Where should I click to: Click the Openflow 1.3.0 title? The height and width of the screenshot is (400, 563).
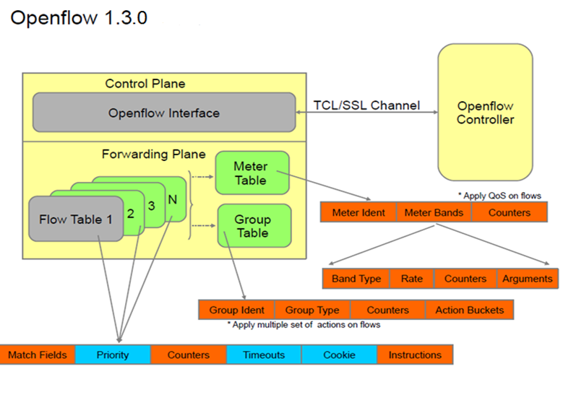[79, 18]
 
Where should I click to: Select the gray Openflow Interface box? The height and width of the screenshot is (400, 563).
[164, 113]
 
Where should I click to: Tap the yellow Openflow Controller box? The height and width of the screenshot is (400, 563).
[485, 113]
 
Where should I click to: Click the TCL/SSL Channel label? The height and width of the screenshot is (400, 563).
[366, 105]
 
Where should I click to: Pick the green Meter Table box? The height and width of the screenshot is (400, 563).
[251, 173]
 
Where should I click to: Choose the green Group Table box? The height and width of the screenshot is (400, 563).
[252, 226]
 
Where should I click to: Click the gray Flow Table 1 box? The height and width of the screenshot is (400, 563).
[71, 219]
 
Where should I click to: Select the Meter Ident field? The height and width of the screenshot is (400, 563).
[358, 213]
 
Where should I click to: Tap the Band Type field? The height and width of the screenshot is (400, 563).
[356, 279]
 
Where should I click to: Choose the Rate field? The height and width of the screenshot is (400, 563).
[411, 279]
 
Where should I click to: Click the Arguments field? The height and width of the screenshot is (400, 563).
[528, 279]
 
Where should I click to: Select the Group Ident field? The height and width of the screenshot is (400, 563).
[237, 310]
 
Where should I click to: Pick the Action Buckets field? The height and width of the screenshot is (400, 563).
[469, 310]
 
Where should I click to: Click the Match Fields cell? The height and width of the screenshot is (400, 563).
[38, 355]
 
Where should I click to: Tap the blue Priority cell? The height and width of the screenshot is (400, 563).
[113, 355]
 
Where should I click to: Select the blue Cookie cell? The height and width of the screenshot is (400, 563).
[339, 355]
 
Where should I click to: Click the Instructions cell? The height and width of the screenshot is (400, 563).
[415, 355]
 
